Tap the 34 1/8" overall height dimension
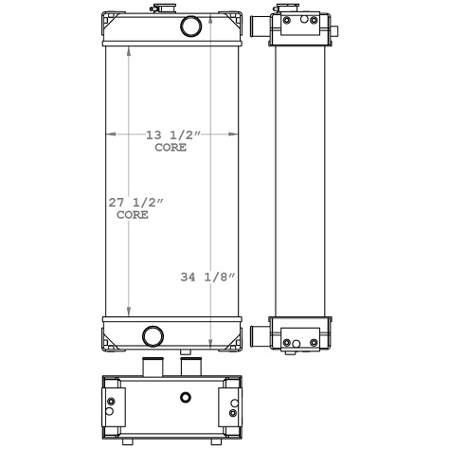207,277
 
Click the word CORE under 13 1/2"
170,148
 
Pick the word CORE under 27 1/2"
133,215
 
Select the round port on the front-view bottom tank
152,334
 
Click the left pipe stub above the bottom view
152,367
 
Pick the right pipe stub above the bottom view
190,367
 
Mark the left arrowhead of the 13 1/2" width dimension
107,135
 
